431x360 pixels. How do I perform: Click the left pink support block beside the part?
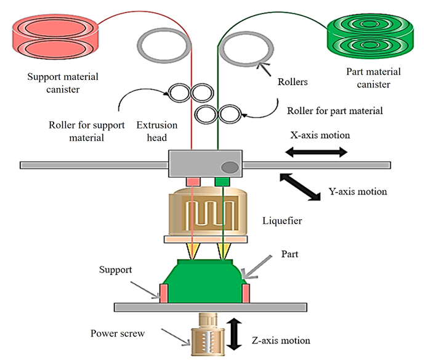164,293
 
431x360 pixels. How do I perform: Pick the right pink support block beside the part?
246,293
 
